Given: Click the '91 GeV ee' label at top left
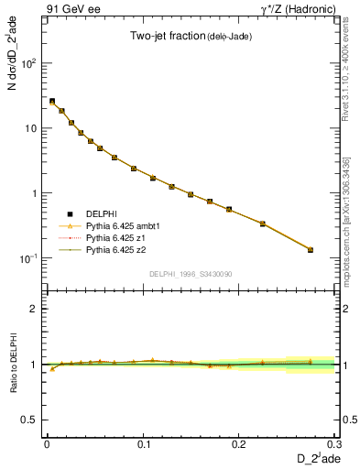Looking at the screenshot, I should pos(69,8).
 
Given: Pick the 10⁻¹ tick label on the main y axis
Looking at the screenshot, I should pos(28,258).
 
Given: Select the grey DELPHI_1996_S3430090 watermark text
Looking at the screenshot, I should pos(189,275).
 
